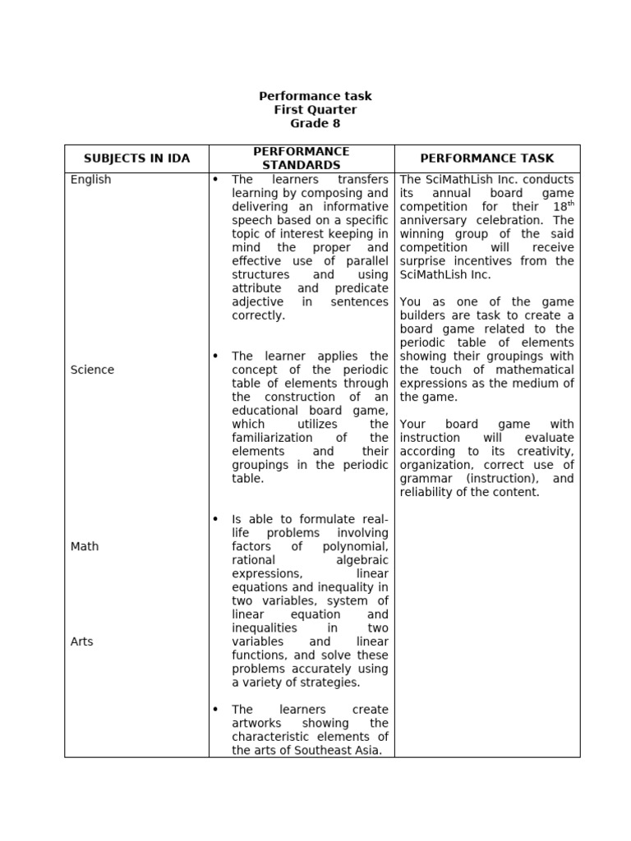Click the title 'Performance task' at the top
[x=315, y=96]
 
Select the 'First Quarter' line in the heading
[x=315, y=110]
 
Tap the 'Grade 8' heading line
[x=315, y=124]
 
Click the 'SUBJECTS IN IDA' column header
[x=136, y=159]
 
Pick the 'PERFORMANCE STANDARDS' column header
[x=302, y=159]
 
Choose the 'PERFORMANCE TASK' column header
[x=487, y=159]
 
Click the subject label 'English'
[x=90, y=180]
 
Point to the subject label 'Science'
[x=92, y=370]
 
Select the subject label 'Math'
[x=85, y=546]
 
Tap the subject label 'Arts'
[x=82, y=641]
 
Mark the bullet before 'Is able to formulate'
[x=216, y=519]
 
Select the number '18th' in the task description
[x=560, y=206]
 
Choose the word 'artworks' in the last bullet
[x=256, y=723]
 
